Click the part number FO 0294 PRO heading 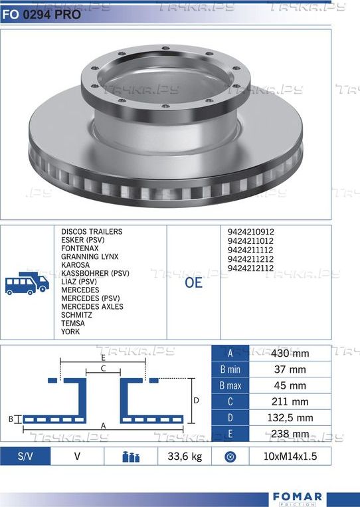coord(41,15)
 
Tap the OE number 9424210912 coord(251,232)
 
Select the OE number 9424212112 coord(251,268)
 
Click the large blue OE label coord(193,282)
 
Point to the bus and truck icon coord(27,283)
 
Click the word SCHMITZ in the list coord(76,315)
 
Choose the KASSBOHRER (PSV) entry coord(96,273)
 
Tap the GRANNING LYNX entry coord(90,256)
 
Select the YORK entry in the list coord(70,332)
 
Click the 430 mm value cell coord(290,353)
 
